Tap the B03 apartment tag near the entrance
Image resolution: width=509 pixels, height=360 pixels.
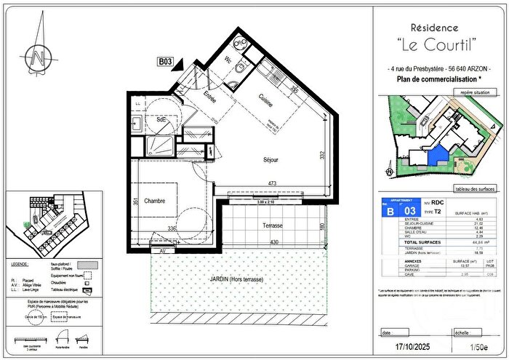click(165, 63)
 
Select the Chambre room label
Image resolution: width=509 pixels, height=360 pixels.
click(155, 201)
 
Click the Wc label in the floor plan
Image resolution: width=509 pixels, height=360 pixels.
click(228, 60)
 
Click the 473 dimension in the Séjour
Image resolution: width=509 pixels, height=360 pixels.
click(270, 183)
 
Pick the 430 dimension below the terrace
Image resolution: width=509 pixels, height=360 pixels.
click(275, 241)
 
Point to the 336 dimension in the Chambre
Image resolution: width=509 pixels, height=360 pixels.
click(172, 228)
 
